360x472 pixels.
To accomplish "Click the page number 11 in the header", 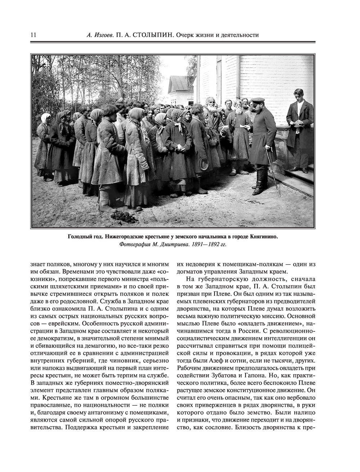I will pyautogui.click(x=33, y=35).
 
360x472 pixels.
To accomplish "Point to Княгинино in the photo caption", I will pyautogui.click(x=262, y=237).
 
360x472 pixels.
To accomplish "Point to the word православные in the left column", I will pyautogui.click(x=51, y=405).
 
